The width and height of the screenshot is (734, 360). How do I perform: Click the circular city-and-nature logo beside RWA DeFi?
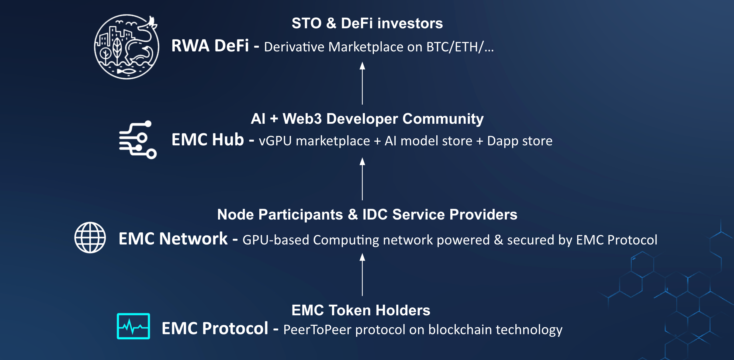[x=126, y=47]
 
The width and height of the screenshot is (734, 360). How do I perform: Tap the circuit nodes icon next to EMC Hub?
[x=138, y=140]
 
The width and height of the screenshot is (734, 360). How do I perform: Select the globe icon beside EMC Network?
[x=90, y=237]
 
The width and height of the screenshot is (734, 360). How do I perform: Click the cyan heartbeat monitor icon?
[x=133, y=326]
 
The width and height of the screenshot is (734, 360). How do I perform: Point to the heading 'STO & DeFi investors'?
[x=367, y=23]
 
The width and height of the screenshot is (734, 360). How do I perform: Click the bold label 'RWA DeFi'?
[x=210, y=46]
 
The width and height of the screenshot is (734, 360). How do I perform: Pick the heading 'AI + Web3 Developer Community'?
[x=367, y=119]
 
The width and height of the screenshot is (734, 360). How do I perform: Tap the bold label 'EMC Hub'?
[x=208, y=140]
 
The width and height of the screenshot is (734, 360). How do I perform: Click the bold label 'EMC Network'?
[x=173, y=239]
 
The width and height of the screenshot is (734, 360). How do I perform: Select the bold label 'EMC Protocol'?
[x=215, y=328]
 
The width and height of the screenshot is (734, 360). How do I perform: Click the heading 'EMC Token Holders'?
[x=361, y=310]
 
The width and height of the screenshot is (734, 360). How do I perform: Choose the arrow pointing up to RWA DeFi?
[x=362, y=83]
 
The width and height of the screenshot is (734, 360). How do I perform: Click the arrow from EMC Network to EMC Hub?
[x=362, y=179]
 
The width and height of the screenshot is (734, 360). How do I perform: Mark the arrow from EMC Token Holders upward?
[x=362, y=275]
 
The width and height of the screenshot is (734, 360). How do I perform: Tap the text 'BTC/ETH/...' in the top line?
[x=460, y=47]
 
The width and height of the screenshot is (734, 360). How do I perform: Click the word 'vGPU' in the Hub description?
[x=275, y=141]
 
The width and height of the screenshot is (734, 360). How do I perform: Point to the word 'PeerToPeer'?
[x=317, y=330]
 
